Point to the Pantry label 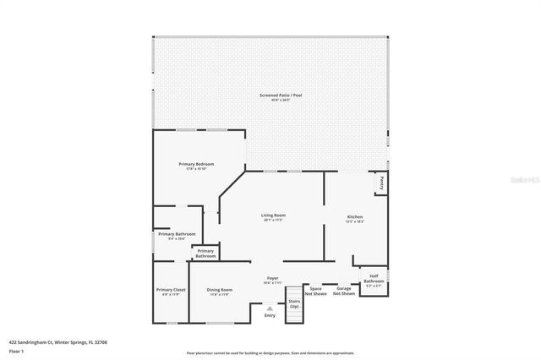[382, 182]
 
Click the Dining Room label [220, 292]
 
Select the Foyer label [273, 280]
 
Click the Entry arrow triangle [270, 308]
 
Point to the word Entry [270, 316]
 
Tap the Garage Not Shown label [343, 292]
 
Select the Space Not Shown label [315, 292]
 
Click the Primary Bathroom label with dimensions [177, 236]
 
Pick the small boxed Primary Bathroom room [205, 253]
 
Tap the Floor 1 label [17, 352]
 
